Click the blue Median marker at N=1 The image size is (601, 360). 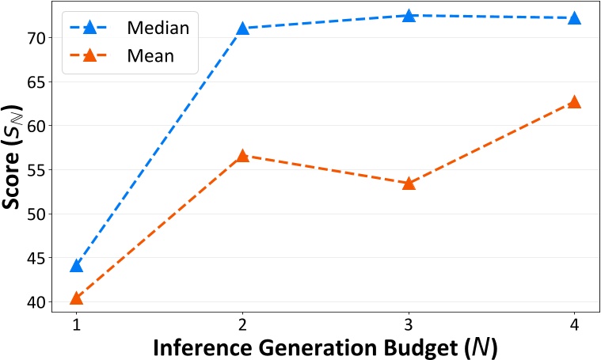pos(76,265)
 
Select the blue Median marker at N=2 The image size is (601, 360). pos(242,28)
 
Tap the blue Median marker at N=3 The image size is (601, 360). pos(409,16)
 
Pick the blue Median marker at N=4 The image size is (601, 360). pos(574,17)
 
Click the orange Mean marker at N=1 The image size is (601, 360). pos(76,298)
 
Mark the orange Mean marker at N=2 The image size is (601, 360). pos(242,156)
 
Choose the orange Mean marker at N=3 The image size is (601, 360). pos(409,183)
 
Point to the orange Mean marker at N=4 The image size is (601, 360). pos(574,102)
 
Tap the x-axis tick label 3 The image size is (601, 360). pos(409,324)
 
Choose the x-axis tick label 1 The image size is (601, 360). pos(76,324)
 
